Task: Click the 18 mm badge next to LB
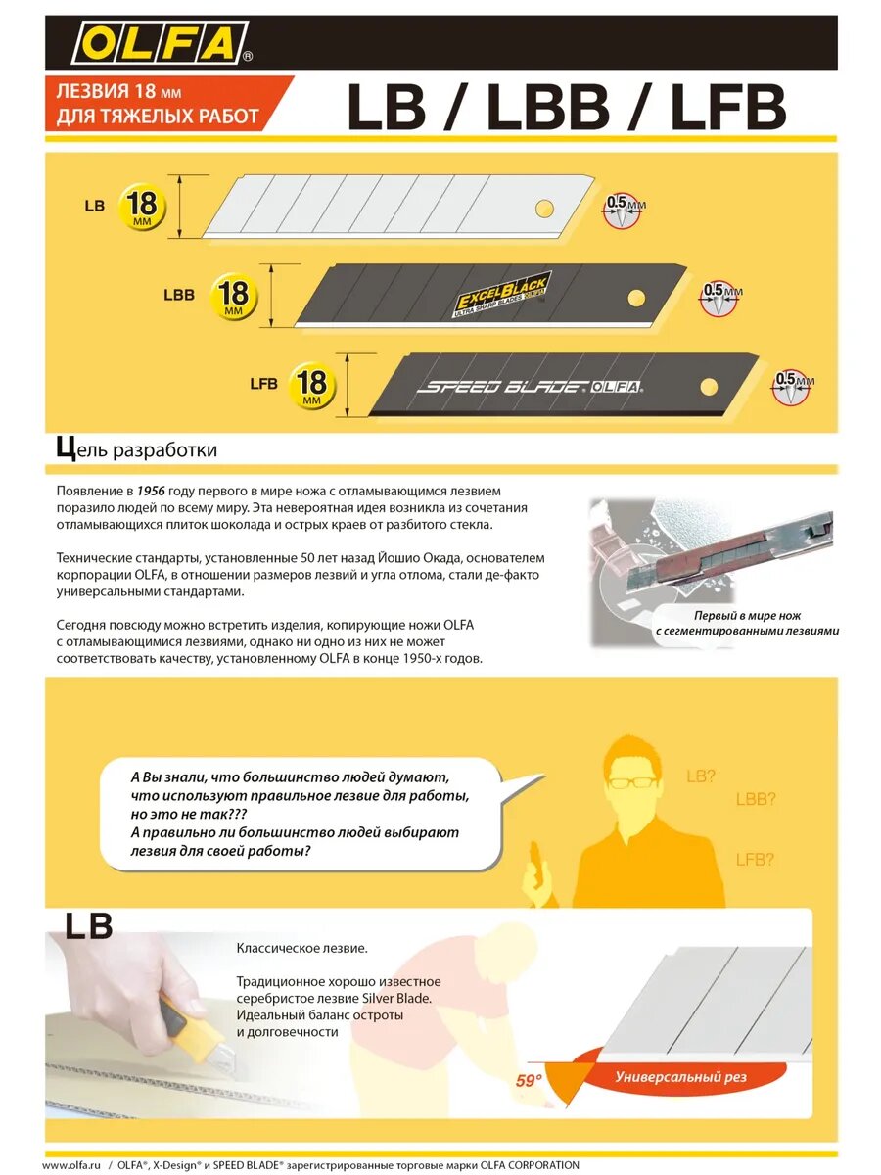coord(142,208)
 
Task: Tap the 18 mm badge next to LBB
coord(233,295)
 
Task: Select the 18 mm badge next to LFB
coord(312,384)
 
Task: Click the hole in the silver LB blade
coord(544,208)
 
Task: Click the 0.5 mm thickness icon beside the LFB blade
coord(792,386)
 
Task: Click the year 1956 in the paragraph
coord(154,489)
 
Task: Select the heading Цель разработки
coord(137,450)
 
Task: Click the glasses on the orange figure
coord(628,782)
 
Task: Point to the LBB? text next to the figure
coord(756,799)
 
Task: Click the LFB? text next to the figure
coord(755,860)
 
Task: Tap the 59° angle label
coord(529,1082)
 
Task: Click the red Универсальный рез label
coord(681,1077)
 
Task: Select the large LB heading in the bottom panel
coord(88,926)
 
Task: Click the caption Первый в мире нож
coord(747,616)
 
